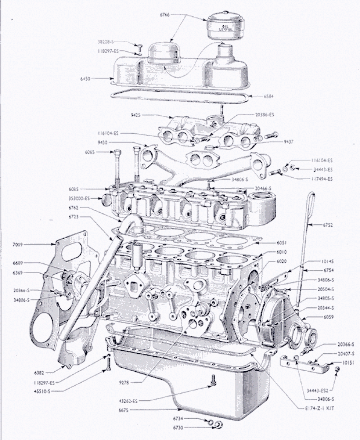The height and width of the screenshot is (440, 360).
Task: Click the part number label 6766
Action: click(165, 15)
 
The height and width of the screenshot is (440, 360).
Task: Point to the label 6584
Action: click(268, 96)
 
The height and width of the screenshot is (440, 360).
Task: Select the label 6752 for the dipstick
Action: click(328, 225)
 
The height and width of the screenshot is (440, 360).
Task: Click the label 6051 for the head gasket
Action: click(281, 243)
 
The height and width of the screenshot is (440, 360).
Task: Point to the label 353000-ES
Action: click(79, 199)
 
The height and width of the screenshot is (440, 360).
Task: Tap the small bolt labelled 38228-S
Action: click(140, 46)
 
